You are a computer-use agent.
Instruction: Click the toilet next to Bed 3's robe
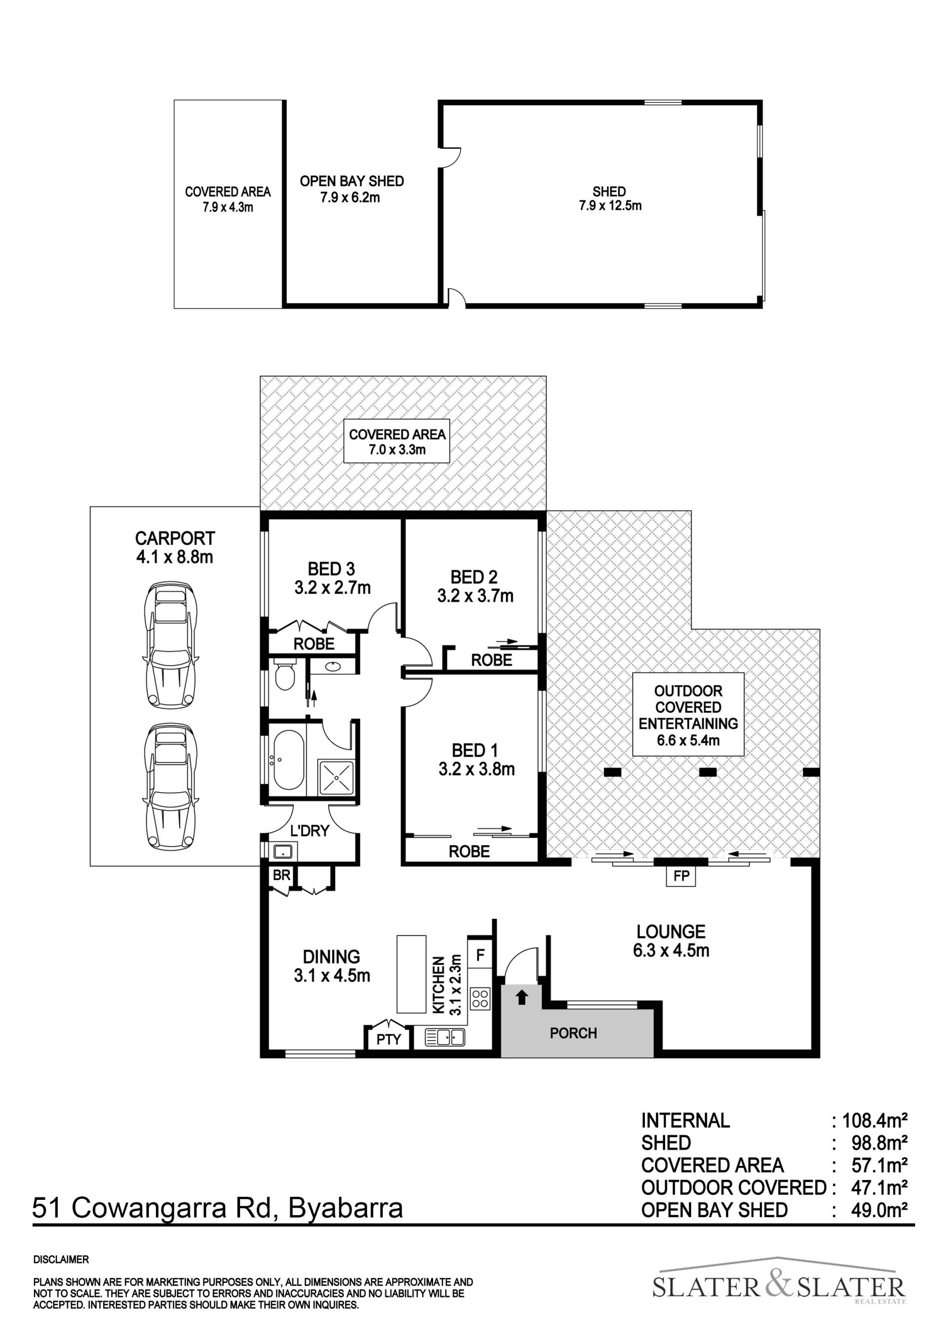pyautogui.click(x=285, y=675)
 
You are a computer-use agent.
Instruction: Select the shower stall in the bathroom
pyautogui.click(x=336, y=777)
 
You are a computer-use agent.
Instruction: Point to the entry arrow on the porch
pyautogui.click(x=522, y=997)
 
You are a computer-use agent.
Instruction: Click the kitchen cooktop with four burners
pyautogui.click(x=480, y=998)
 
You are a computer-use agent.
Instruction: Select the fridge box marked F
pyautogui.click(x=481, y=956)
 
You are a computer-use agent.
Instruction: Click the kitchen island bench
pyautogui.click(x=411, y=974)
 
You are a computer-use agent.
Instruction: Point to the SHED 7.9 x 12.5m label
pyautogui.click(x=610, y=198)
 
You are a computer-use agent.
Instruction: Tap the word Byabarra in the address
pyautogui.click(x=346, y=1208)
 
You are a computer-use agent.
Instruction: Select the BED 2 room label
pyautogui.click(x=474, y=577)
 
